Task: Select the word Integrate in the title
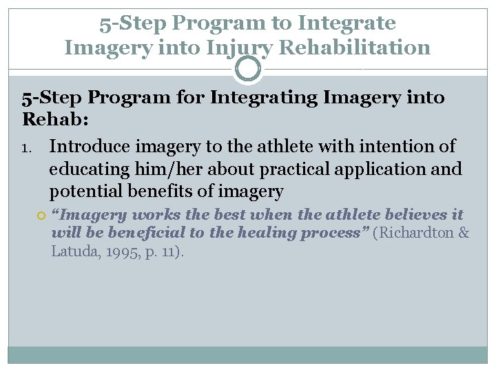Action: pos(346,23)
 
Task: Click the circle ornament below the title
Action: pos(247,69)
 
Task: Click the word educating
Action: pos(83,169)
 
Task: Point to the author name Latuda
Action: pos(74,251)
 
